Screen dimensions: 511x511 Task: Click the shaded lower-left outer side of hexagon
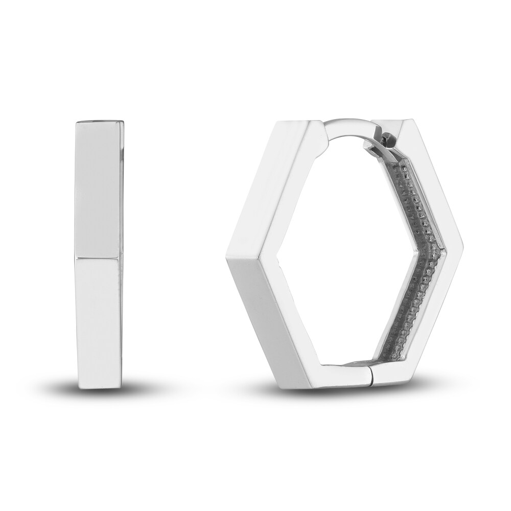255,327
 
